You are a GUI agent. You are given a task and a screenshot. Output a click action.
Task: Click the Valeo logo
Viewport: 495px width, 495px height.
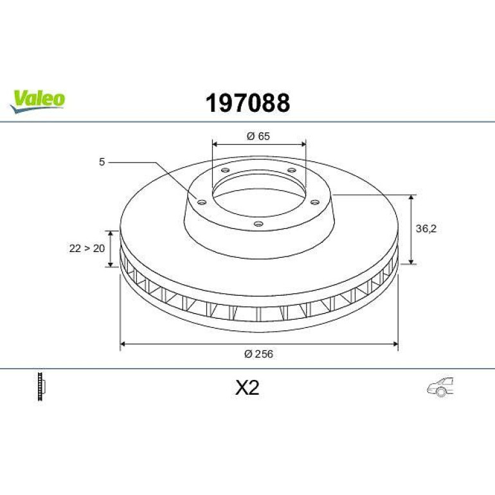[37, 101]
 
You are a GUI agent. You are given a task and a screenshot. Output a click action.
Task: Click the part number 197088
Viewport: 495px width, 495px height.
[248, 103]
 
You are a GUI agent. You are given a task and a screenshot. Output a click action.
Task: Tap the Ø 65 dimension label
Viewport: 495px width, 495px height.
[258, 136]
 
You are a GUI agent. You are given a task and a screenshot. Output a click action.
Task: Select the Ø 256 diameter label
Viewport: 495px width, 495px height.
[258, 354]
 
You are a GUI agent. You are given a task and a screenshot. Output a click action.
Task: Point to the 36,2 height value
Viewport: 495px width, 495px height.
[426, 229]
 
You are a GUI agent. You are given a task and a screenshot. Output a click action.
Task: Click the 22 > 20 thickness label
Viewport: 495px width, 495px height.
[87, 248]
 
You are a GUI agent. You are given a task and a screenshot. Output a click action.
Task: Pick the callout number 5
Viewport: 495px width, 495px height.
[102, 162]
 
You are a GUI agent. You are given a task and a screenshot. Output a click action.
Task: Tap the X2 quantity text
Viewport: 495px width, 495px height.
[248, 388]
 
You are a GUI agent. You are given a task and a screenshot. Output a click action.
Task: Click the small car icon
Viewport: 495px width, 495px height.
[440, 387]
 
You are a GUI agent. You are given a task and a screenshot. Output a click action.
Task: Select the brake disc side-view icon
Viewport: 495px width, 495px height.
[41, 386]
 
